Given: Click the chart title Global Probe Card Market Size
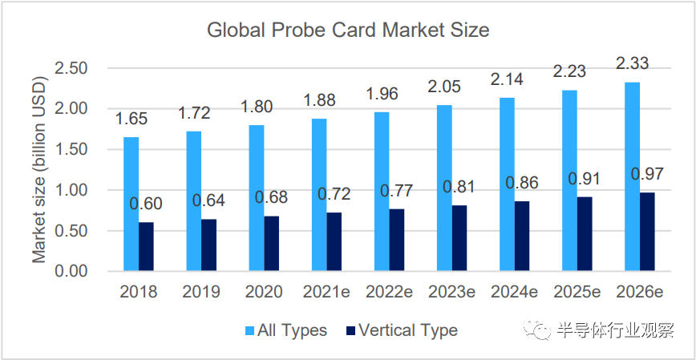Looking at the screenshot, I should pyautogui.click(x=348, y=31).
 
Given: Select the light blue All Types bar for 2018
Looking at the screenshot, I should pyautogui.click(x=131, y=204).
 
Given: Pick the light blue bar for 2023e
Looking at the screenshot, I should pyautogui.click(x=444, y=188).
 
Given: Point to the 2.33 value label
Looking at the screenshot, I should pyautogui.click(x=632, y=62).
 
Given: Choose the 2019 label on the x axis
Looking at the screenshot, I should pyautogui.click(x=201, y=292).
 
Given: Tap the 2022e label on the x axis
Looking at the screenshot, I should pyautogui.click(x=389, y=292).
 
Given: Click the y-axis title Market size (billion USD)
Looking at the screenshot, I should pyautogui.click(x=39, y=170).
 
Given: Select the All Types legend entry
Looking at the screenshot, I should pyautogui.click(x=284, y=330).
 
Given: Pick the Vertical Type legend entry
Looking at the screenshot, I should pyautogui.click(x=401, y=330).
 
